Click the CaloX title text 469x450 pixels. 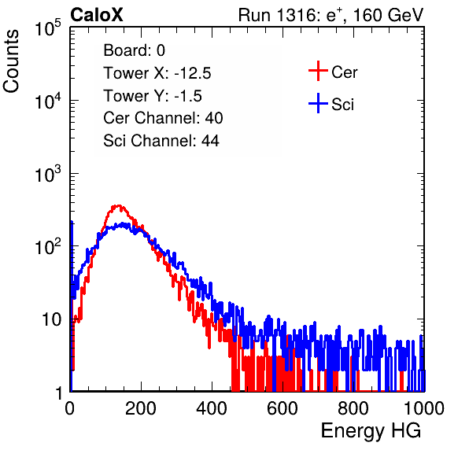pyautogui.click(x=97, y=15)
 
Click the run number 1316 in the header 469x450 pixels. pyautogui.click(x=297, y=15)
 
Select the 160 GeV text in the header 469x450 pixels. pyautogui.click(x=389, y=15)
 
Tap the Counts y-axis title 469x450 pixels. pyautogui.click(x=11, y=61)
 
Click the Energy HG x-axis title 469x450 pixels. pyautogui.click(x=371, y=431)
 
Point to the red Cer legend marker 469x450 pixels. pyautogui.click(x=318, y=71)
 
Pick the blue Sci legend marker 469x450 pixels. pyautogui.click(x=318, y=103)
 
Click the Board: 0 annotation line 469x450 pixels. pyautogui.click(x=135, y=50)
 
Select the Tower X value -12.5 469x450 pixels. pyautogui.click(x=193, y=73)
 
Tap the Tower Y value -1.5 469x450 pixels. pyautogui.click(x=188, y=96)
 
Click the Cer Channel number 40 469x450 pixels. pyautogui.click(x=214, y=118)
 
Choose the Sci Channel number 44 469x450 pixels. pyautogui.click(x=210, y=141)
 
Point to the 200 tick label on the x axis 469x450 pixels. pyautogui.click(x=141, y=408)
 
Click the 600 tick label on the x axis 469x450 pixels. pyautogui.click(x=283, y=408)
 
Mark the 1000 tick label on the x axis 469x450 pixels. pyautogui.click(x=424, y=408)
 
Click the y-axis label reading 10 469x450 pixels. pyautogui.click(x=52, y=319)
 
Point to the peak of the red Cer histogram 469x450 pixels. pyautogui.click(x=118, y=205)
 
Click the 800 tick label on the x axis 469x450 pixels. pyautogui.click(x=353, y=408)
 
